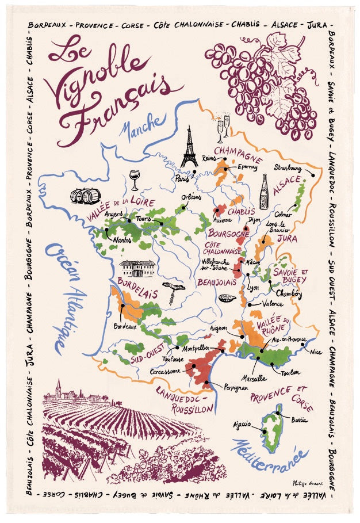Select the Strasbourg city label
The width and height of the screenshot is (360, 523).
coord(288,168)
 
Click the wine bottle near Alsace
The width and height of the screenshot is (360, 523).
coord(264,192)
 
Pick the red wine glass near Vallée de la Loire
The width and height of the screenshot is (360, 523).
coord(135,179)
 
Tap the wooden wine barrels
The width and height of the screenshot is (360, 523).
coord(86,196)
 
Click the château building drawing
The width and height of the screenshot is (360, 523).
coord(137,268)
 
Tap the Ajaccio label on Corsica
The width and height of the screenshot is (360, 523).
coord(242,425)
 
